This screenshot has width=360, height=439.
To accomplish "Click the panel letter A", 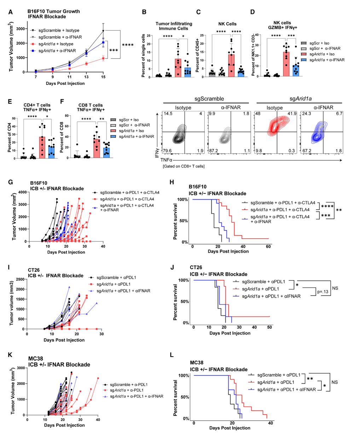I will tap(11, 12).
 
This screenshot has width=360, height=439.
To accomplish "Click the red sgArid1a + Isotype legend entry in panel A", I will tap(56, 44).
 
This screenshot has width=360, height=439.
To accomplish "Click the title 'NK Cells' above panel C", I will tap(227, 24).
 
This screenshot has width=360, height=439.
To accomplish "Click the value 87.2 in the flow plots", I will tap(214, 151).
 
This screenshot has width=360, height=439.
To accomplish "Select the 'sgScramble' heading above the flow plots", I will tap(207, 99).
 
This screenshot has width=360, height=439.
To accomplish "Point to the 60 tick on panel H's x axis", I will tap(268, 246).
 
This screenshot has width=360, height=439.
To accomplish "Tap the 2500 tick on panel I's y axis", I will tap(19, 279).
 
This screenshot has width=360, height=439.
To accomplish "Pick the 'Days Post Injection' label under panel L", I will tap(230, 428).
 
